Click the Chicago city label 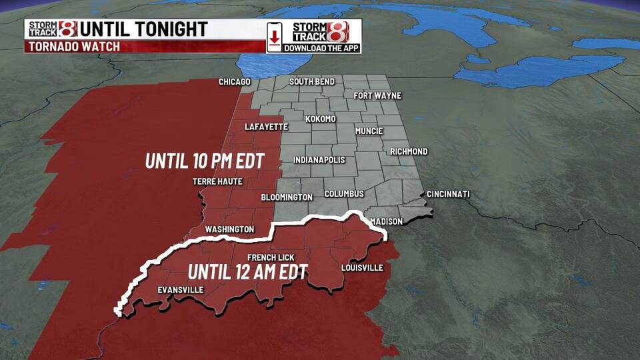coord(235,82)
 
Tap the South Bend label coord(312,81)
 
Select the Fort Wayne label coord(377,95)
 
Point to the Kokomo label coord(321,119)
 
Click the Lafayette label coord(266,126)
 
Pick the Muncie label coord(369,131)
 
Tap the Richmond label coord(409,151)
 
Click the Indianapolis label coord(319,160)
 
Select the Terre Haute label coord(217,181)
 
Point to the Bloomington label coord(287,197)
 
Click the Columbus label coord(344,194)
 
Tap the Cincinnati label coord(448,194)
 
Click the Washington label coord(229,229)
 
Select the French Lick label coord(271,257)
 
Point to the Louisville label coord(362,268)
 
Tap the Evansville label coord(181,289)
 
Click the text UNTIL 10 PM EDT coord(205,161)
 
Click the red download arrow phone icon coord(274,37)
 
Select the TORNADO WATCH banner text coord(73,47)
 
